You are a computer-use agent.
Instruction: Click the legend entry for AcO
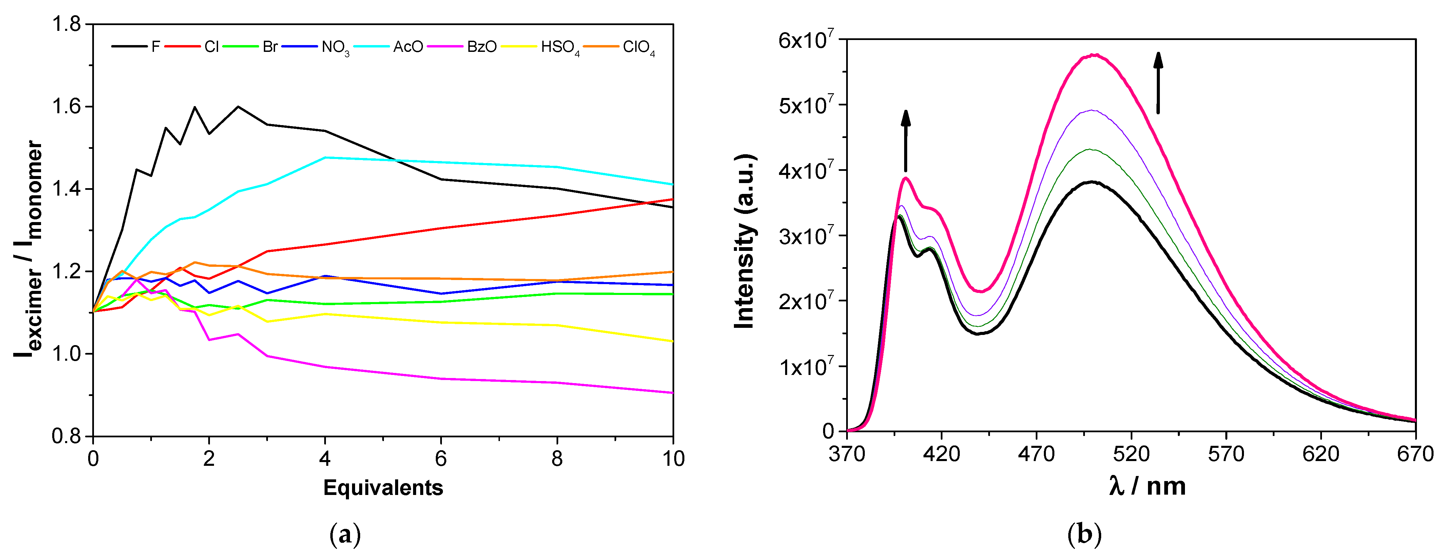point(408,47)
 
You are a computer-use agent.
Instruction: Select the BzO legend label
point(482,47)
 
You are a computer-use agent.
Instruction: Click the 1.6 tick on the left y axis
point(66,107)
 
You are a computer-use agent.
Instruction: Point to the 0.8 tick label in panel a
point(66,436)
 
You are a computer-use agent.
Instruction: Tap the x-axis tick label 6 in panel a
point(441,459)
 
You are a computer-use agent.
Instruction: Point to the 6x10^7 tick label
point(805,40)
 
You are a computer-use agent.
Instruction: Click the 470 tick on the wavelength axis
point(1036,454)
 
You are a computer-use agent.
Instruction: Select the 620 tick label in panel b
point(1320,454)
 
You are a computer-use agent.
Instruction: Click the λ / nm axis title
point(1147,486)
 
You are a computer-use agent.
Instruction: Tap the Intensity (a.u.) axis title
point(745,242)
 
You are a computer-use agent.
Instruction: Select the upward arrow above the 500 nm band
point(1158,83)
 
